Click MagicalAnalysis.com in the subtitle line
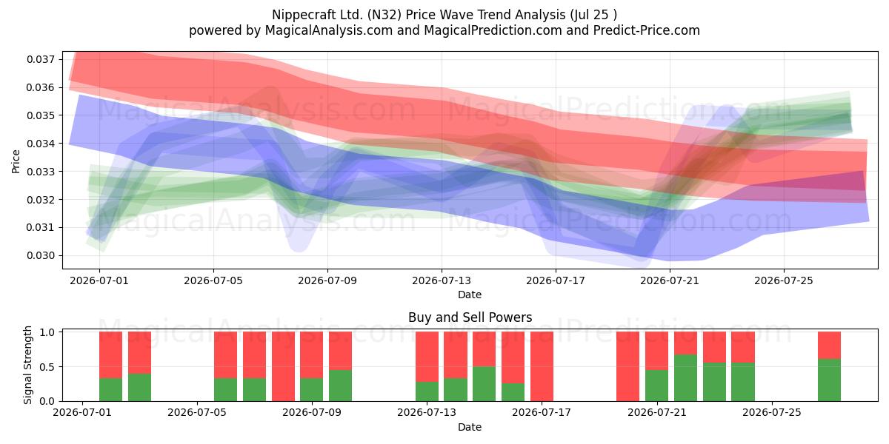(x=329, y=30)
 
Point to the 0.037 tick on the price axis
(x=41, y=59)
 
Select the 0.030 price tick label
(x=41, y=255)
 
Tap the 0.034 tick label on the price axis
(x=41, y=144)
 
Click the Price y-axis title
(x=16, y=161)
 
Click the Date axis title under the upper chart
(x=470, y=295)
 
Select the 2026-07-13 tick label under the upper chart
(x=442, y=280)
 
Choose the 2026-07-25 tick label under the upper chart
(x=784, y=280)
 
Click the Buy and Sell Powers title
(x=470, y=317)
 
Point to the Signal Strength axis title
(x=27, y=365)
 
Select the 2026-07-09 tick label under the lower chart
(x=312, y=412)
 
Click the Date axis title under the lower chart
(x=470, y=427)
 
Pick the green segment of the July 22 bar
(x=685, y=378)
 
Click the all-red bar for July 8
(x=283, y=366)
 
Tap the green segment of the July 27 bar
(x=829, y=380)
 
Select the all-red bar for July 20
(x=628, y=366)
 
